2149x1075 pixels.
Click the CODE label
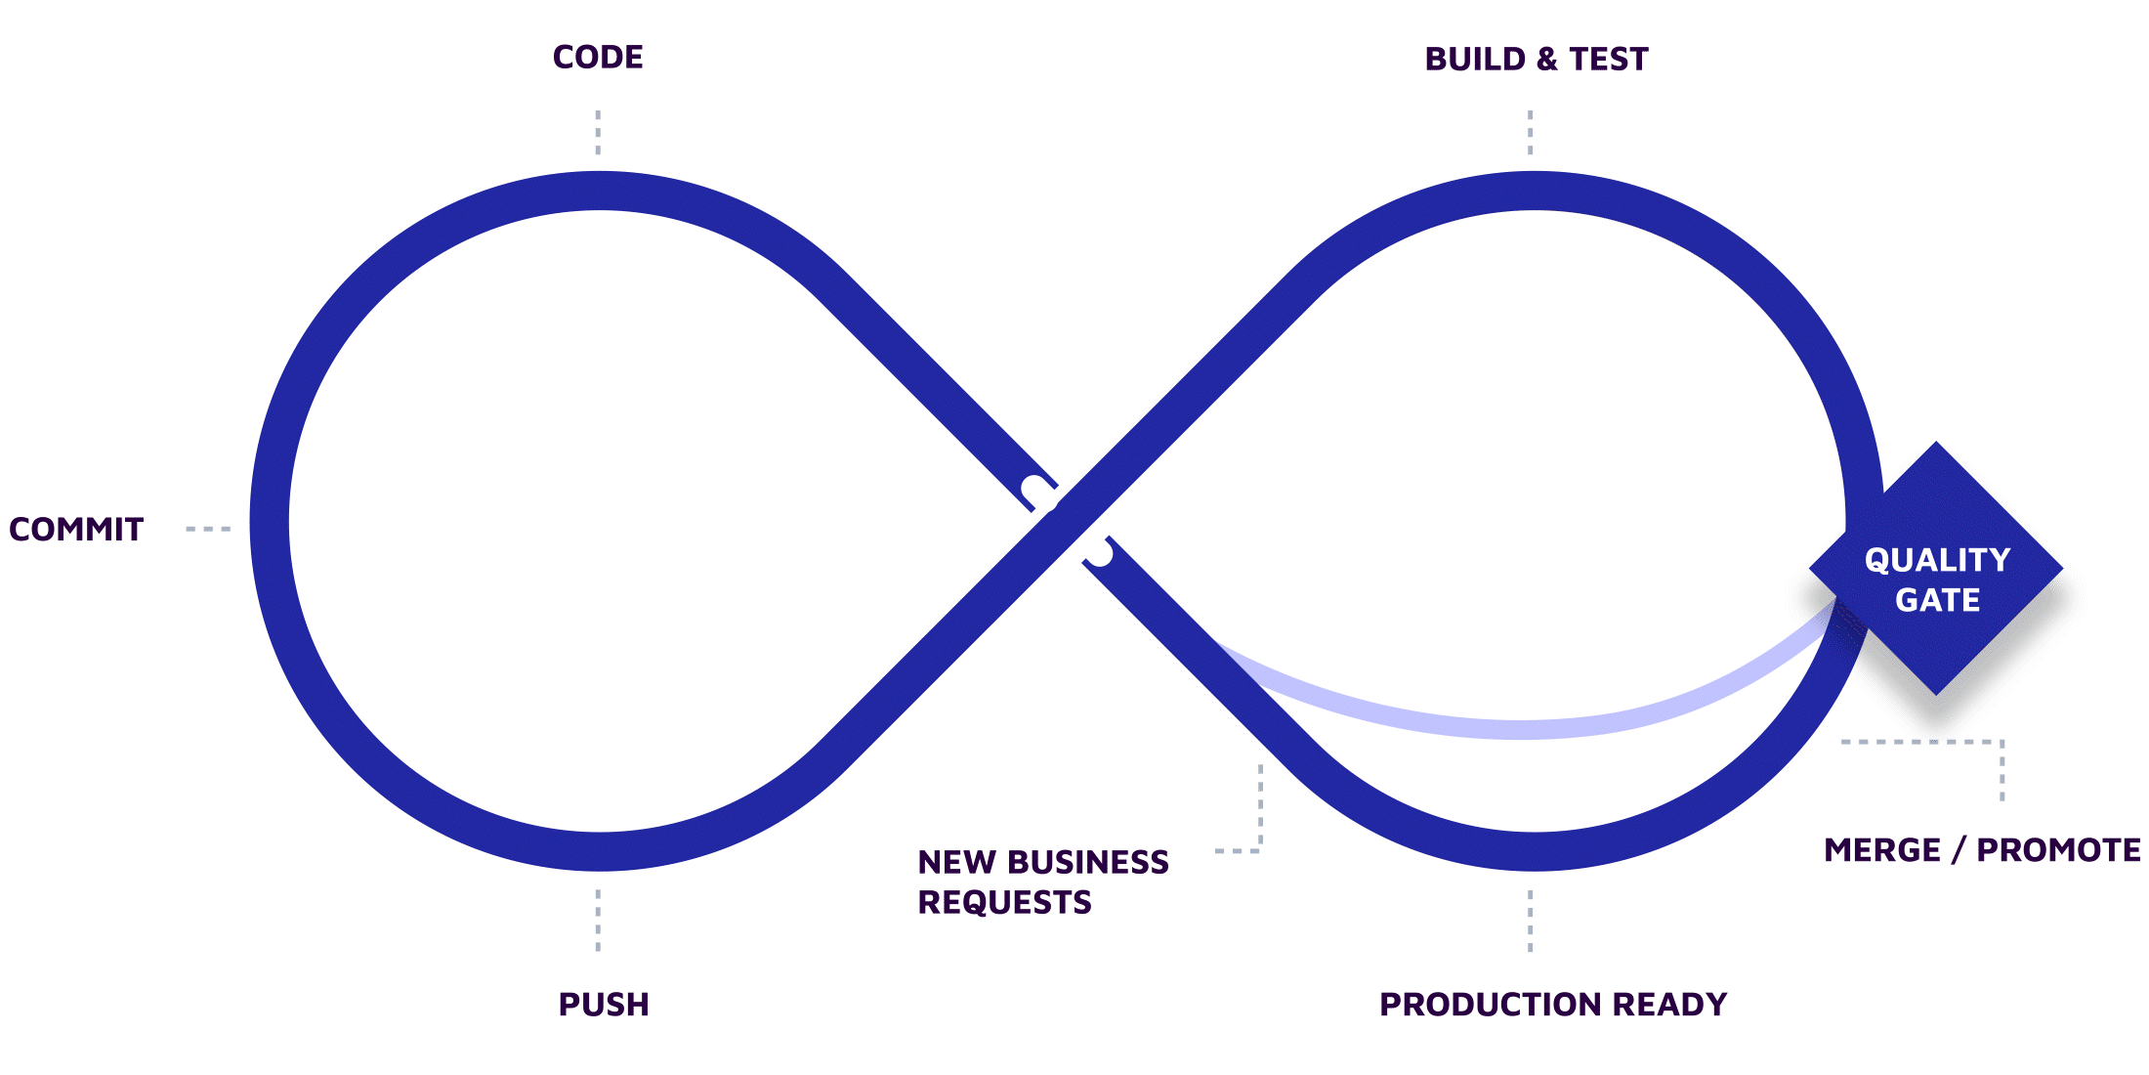point(598,58)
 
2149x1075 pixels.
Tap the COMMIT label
point(76,530)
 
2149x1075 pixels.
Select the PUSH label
point(604,1005)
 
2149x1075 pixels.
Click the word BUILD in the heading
point(1475,60)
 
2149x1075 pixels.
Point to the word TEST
point(1609,60)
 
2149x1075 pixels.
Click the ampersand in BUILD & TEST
point(1547,60)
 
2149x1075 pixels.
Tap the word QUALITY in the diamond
point(1937,560)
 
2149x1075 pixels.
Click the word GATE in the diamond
point(1937,600)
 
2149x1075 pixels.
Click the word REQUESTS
point(1004,902)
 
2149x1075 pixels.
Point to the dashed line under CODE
point(598,132)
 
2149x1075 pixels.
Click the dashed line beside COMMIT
point(208,529)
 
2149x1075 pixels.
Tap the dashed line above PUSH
point(598,920)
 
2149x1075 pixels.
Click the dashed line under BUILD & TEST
point(1530,132)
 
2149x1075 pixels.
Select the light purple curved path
point(1524,728)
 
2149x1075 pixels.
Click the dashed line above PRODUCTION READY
point(1530,920)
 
